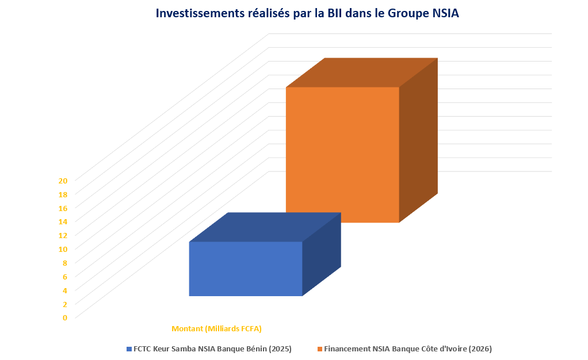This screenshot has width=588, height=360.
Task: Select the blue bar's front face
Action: [x=246, y=269]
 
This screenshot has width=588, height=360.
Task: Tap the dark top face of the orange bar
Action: [x=362, y=73]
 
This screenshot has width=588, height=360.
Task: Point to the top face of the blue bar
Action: [x=265, y=227]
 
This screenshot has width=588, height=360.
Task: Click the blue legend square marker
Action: [x=129, y=349]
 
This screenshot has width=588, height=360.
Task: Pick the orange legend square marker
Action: [x=320, y=349]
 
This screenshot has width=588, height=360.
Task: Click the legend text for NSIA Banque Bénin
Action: [x=213, y=348]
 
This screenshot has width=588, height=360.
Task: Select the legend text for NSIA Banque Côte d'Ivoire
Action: [x=408, y=348]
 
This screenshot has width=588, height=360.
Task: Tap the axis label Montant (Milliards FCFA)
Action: [x=216, y=329]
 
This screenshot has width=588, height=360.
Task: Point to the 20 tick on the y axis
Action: [x=63, y=181]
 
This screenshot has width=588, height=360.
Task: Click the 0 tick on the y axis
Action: [x=65, y=318]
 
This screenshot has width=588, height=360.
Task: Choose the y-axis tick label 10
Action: [x=63, y=250]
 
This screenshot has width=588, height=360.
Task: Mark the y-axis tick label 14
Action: [x=63, y=221]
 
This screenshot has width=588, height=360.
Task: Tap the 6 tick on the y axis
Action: [x=65, y=277]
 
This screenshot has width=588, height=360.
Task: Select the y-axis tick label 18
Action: [x=63, y=194]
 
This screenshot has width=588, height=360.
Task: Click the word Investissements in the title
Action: [x=200, y=13]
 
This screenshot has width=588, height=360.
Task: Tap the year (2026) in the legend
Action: [x=480, y=348]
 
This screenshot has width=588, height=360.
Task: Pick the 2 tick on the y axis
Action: [x=65, y=304]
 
